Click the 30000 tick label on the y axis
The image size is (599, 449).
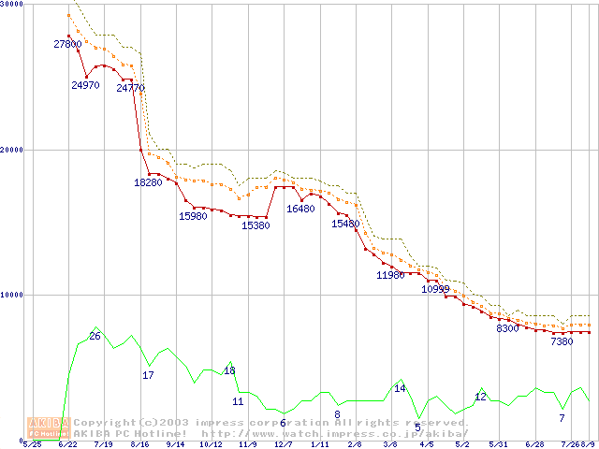(x=14, y=5)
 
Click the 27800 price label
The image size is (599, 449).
(x=67, y=44)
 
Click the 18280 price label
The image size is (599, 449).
(x=148, y=182)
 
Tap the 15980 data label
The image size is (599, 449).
(x=193, y=217)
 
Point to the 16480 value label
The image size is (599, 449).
(x=300, y=210)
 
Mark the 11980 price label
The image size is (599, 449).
(x=390, y=276)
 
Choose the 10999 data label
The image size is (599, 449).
(x=435, y=290)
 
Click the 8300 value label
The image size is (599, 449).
(x=507, y=329)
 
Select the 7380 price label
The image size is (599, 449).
(x=562, y=342)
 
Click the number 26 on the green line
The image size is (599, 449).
(x=95, y=336)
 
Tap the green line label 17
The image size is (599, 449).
(x=148, y=375)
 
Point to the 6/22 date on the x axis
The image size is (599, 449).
(x=67, y=445)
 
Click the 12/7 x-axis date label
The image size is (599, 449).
(x=283, y=445)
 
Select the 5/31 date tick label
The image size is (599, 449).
(x=499, y=445)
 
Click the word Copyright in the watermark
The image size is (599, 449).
(x=105, y=423)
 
